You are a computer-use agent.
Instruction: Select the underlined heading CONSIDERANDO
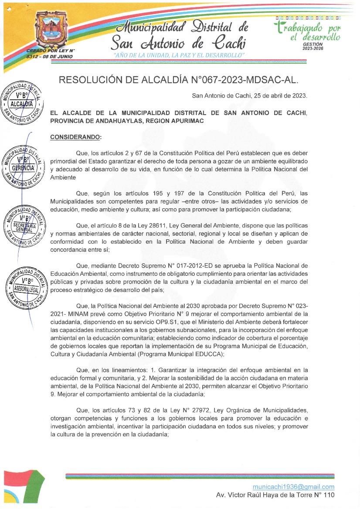[75, 137]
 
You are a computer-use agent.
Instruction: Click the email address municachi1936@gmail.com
[293, 487]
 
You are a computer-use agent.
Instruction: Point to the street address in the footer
[275, 495]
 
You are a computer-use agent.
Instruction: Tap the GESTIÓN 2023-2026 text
[312, 46]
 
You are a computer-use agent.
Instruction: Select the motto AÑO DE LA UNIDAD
[178, 55]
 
